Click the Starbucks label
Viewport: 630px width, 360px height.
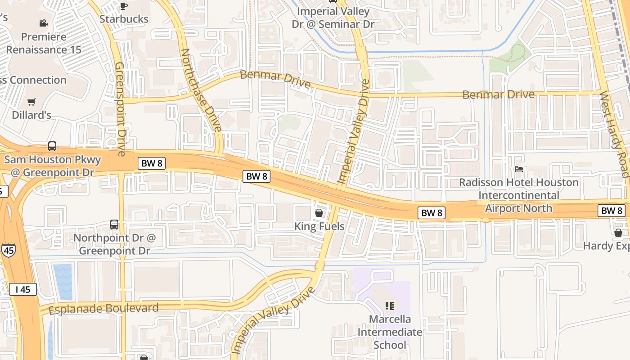124,19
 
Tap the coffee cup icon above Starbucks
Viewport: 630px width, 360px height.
124,6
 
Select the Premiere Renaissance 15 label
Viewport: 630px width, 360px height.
44,43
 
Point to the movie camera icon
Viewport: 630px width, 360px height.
43,23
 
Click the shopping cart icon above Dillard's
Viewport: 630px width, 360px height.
31,102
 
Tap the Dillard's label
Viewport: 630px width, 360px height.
31,115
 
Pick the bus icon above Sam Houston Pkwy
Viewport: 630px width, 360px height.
52,146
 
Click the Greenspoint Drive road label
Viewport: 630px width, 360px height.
120,109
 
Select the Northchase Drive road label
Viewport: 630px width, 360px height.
201,90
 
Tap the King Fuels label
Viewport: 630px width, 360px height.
319,226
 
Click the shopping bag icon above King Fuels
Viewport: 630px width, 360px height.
319,213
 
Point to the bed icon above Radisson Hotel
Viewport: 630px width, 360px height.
519,169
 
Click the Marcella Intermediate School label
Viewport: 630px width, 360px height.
390,332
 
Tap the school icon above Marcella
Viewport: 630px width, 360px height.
390,306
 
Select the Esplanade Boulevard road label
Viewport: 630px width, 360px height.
103,309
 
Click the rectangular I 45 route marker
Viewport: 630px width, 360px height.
22,289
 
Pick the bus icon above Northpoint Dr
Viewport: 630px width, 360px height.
114,224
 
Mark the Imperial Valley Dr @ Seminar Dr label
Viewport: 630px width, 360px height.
333,18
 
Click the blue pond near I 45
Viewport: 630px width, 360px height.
63,281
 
